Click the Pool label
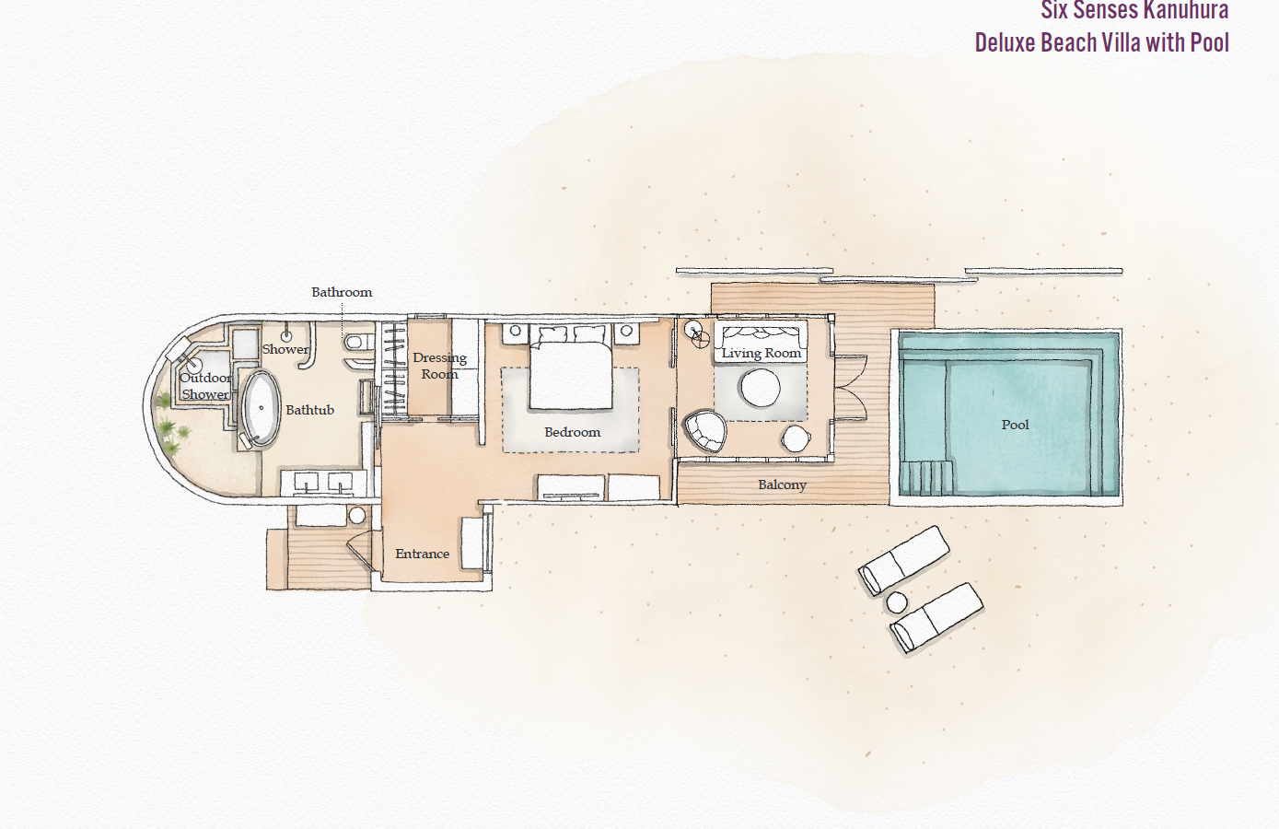coord(1015,425)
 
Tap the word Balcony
coord(782,485)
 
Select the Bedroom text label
coord(572,432)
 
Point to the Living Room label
coord(761,353)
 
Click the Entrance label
coord(422,554)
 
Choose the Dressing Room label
coord(439,366)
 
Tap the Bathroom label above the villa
coord(342,292)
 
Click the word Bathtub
coord(309,410)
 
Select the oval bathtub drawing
coord(262,409)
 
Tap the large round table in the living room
coord(761,388)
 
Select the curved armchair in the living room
coord(704,431)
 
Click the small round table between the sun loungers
coord(896,603)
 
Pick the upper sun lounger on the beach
coord(904,558)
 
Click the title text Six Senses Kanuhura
coord(1134,11)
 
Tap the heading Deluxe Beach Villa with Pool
coord(1101,42)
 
